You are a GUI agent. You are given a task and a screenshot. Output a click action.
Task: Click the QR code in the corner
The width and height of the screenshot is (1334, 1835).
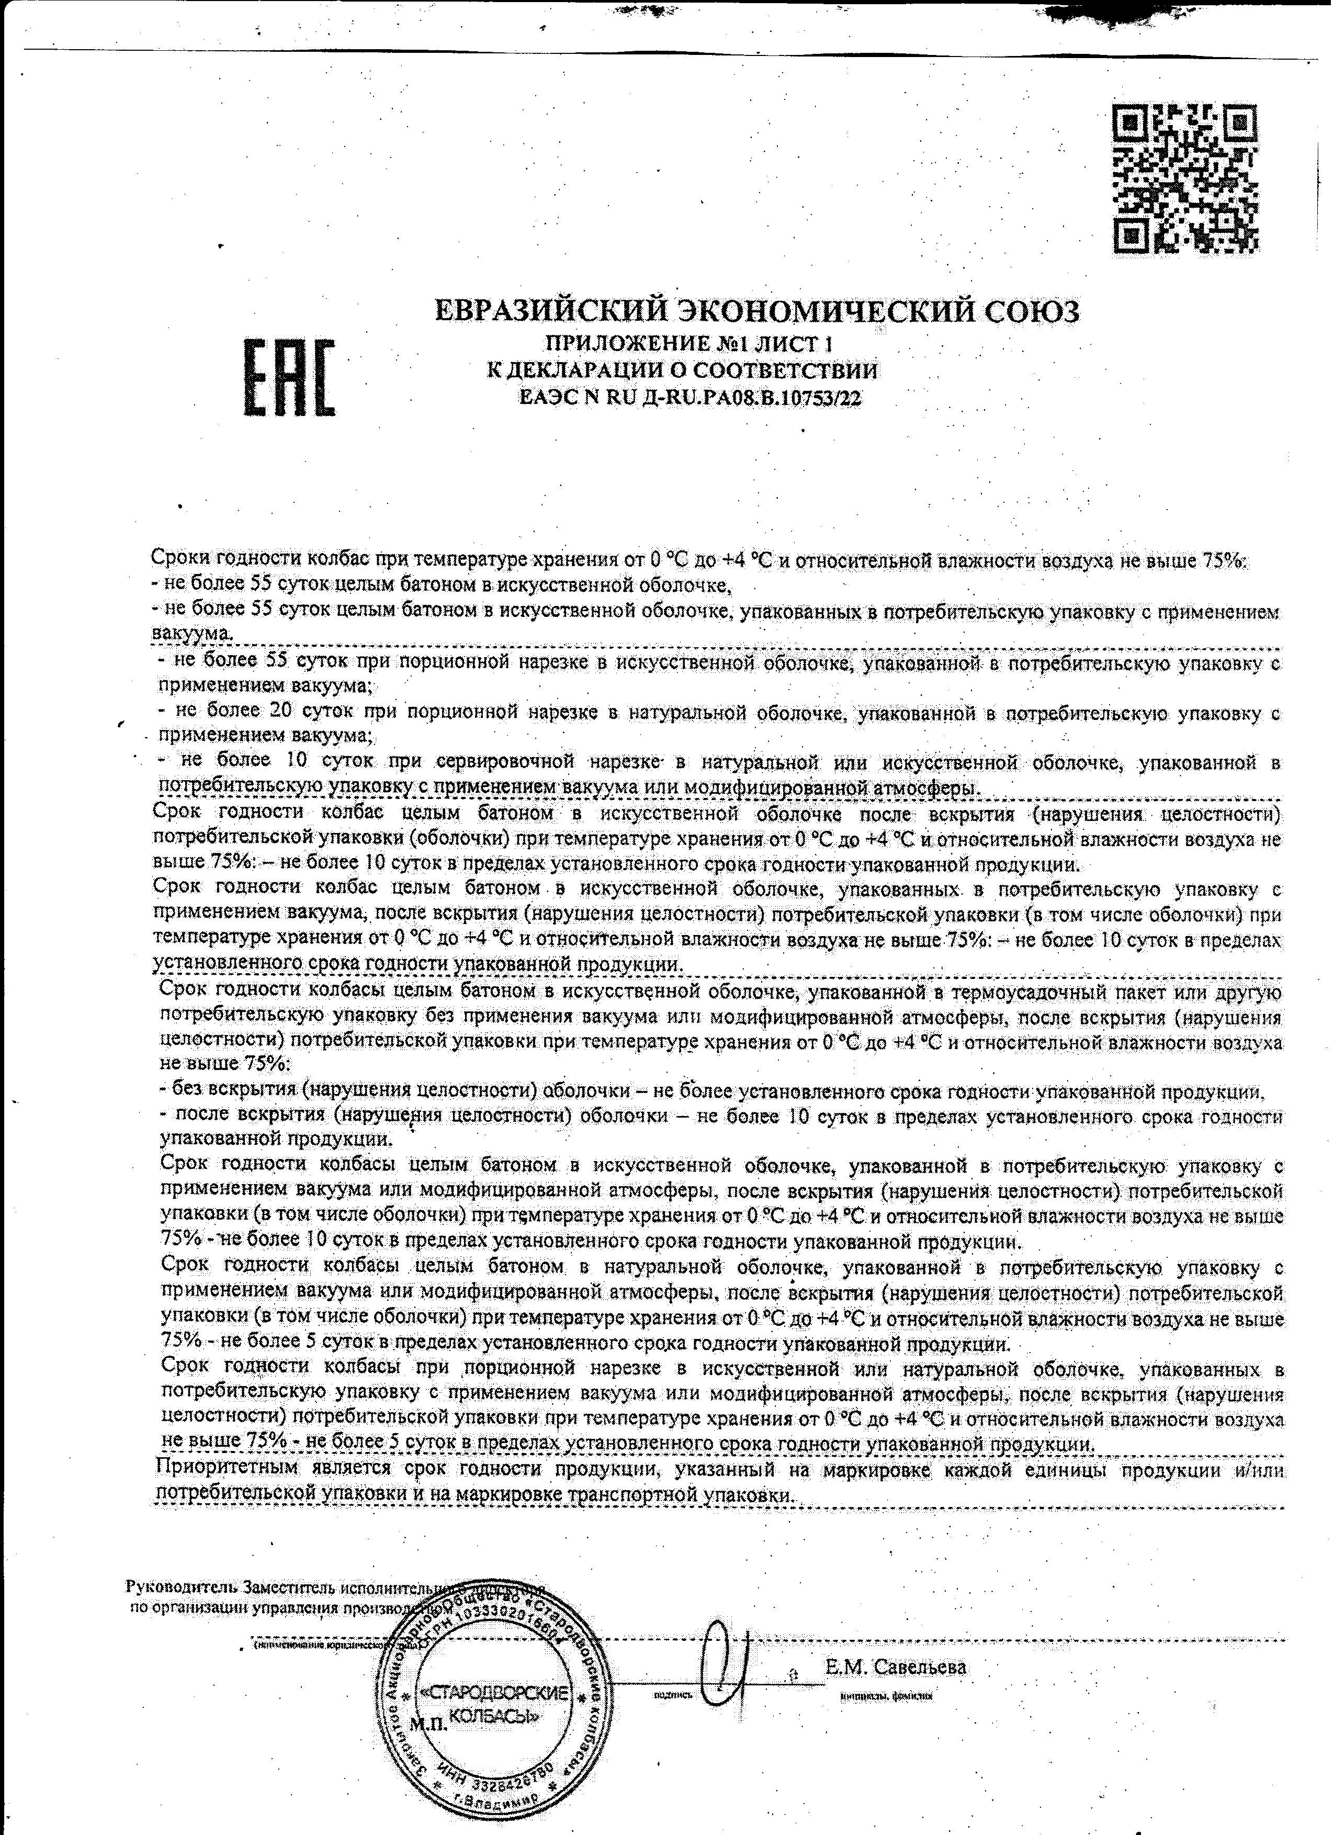(x=1186, y=177)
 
